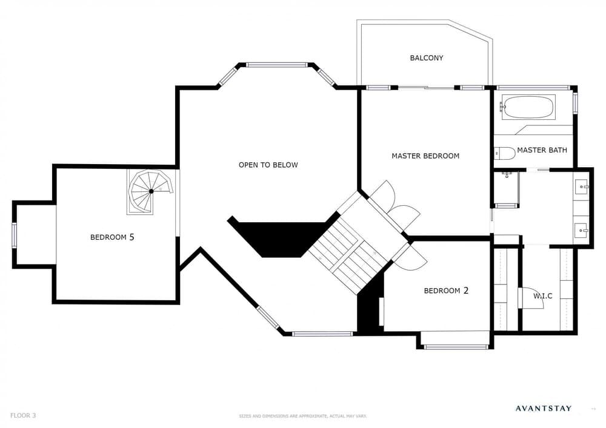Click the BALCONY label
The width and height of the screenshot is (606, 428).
(426, 58)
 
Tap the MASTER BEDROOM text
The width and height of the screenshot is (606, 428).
(425, 156)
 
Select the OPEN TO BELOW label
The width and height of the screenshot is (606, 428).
(268, 165)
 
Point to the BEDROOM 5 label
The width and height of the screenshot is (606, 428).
(112, 237)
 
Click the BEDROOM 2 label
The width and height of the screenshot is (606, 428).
(446, 291)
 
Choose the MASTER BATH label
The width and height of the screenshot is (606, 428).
(542, 150)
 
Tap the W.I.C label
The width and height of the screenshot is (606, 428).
(542, 296)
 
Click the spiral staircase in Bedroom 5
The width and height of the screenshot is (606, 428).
(150, 192)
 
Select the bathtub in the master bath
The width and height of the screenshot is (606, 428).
(528, 107)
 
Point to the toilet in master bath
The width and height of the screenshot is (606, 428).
(505, 153)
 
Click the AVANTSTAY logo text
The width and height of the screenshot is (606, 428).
(543, 408)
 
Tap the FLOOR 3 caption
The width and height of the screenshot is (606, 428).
(23, 416)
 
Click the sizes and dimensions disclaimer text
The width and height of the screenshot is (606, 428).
(303, 416)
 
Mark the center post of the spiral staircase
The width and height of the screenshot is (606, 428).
(151, 191)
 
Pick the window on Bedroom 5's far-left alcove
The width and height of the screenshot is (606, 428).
(14, 234)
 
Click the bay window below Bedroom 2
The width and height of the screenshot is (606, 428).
(455, 347)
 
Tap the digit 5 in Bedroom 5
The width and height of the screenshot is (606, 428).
(132, 237)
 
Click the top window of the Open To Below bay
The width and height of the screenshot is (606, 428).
(277, 64)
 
